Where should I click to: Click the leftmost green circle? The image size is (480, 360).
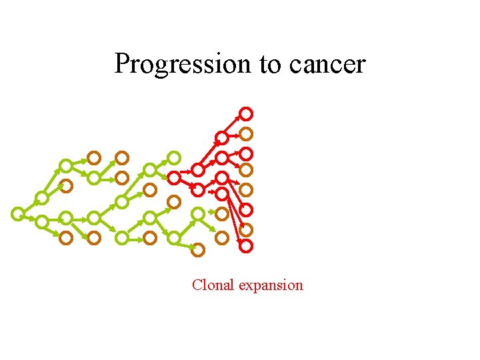18,213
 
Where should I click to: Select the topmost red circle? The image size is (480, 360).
246,113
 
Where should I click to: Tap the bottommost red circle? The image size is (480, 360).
246,246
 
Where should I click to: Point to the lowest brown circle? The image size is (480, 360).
197,250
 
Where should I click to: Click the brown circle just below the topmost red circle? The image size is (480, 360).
246,133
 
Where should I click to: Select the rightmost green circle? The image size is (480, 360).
198,214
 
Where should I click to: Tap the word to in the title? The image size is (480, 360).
270,64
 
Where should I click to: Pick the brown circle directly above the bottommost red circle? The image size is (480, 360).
246,229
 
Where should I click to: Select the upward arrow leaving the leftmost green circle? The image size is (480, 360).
30,205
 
